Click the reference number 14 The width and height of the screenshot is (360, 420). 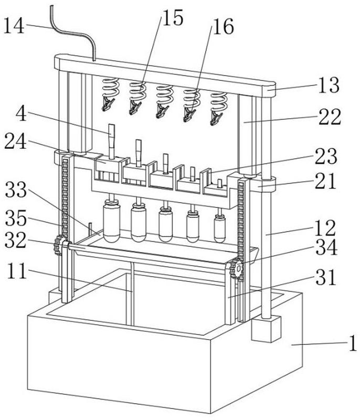coord(15,26)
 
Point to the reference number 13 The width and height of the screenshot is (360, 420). coord(329,85)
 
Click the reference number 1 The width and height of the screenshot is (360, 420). coord(353,344)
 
